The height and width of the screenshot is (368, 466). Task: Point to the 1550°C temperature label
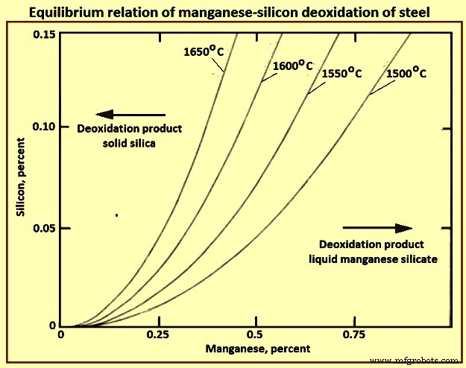tap(341, 74)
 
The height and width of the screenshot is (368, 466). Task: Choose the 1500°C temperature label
tap(407, 74)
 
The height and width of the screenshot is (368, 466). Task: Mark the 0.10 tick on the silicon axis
tap(46, 127)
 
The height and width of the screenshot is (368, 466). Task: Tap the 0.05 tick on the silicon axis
tap(46, 228)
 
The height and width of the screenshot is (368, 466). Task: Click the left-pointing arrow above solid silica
tap(131, 115)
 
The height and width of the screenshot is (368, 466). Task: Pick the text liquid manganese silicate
tap(371, 258)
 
